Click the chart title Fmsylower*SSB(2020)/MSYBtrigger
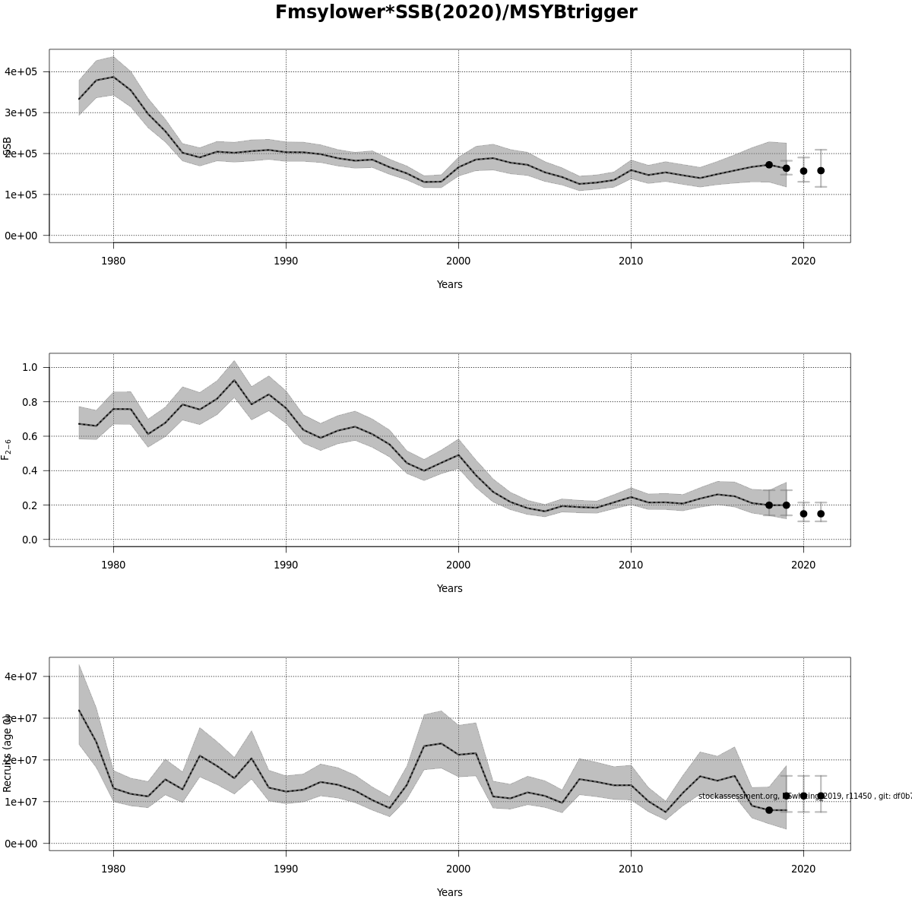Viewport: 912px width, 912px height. click(456, 13)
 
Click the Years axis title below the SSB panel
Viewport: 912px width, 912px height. click(449, 284)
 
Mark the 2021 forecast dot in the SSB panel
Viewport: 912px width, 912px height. click(821, 170)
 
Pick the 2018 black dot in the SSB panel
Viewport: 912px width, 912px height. click(769, 164)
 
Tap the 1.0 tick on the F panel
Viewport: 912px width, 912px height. click(30, 367)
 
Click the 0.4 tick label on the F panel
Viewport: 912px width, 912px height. click(30, 470)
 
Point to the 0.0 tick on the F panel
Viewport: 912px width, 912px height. click(30, 540)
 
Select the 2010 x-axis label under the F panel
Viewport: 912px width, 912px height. click(631, 565)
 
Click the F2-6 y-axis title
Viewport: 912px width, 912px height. click(7, 449)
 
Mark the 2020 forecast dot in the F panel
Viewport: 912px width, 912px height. click(803, 514)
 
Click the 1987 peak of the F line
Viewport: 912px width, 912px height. click(234, 380)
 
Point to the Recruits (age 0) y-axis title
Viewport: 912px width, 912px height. click(8, 752)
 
